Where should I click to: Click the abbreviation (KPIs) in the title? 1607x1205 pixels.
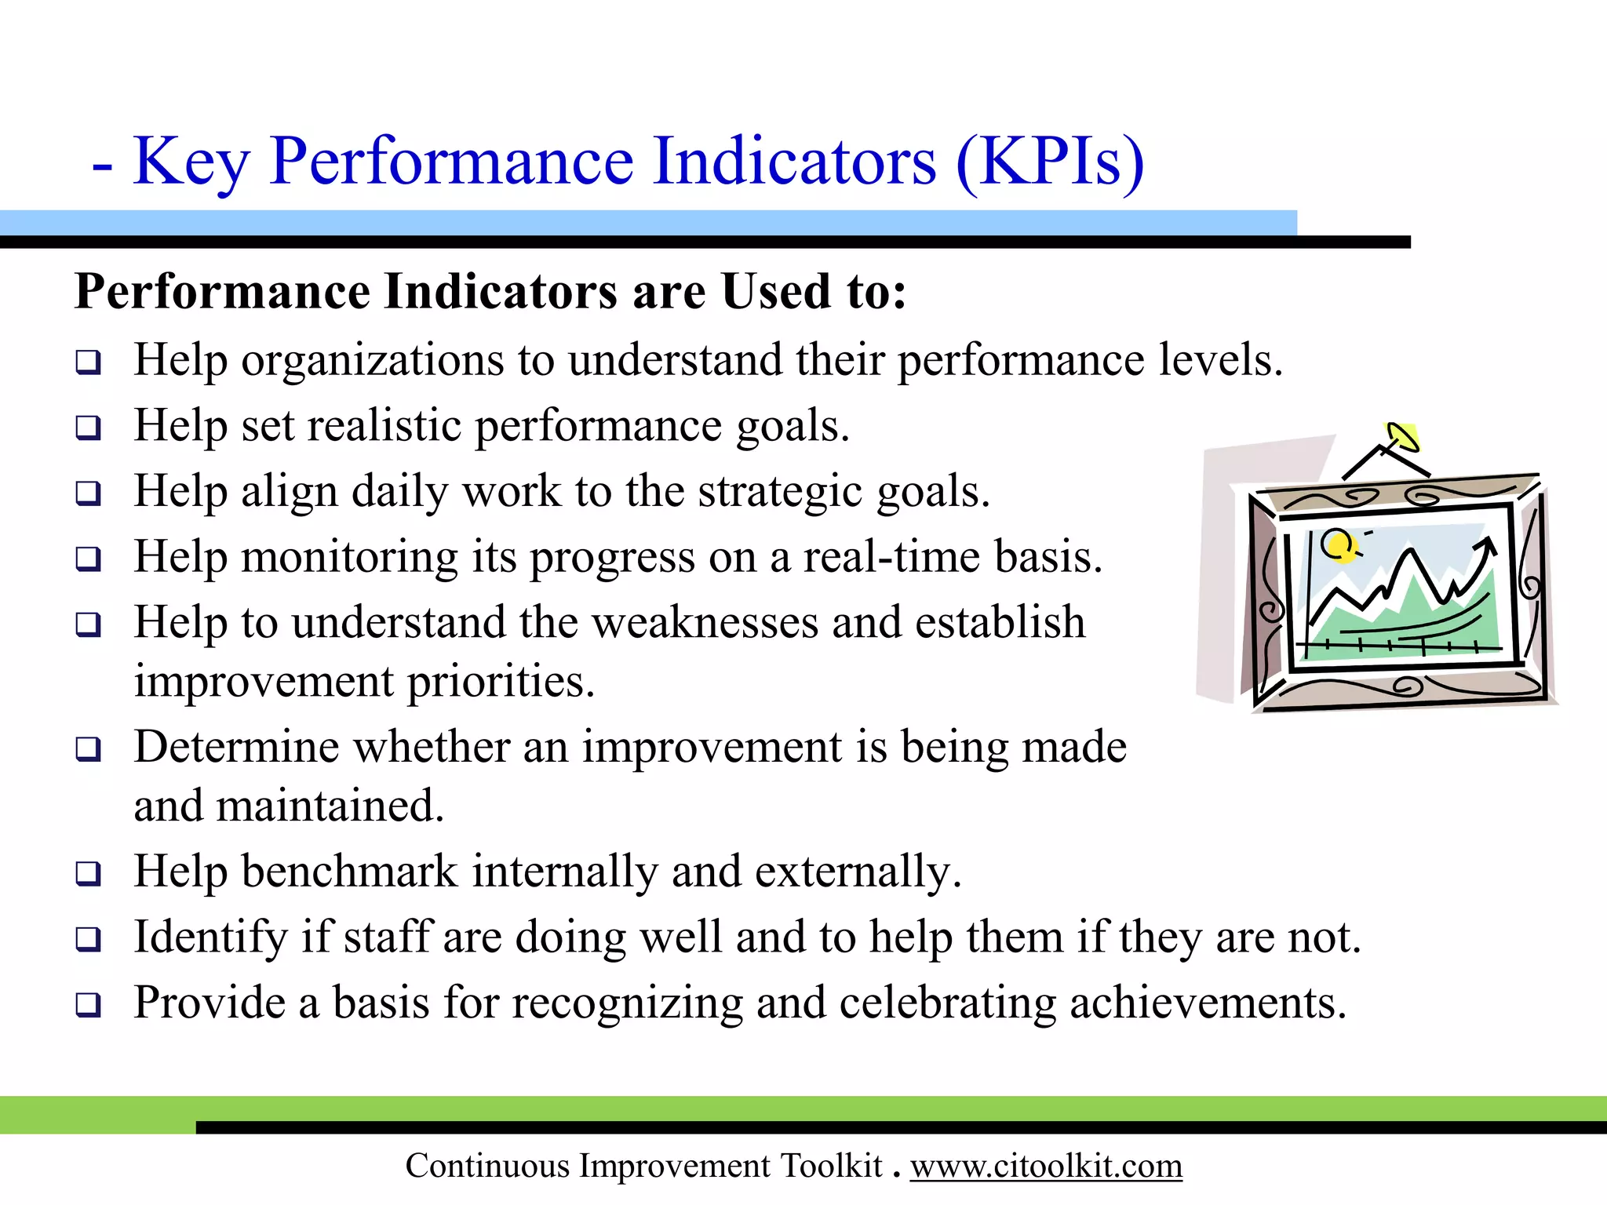(x=1049, y=162)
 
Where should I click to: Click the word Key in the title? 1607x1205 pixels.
(x=191, y=162)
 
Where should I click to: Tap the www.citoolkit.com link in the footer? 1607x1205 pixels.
(x=1045, y=1166)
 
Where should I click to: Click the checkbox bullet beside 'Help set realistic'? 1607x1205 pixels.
(x=88, y=428)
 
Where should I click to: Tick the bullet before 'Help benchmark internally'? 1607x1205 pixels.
(x=88, y=873)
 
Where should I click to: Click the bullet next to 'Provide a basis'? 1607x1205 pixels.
(x=88, y=1004)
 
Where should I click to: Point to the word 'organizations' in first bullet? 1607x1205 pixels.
(x=372, y=362)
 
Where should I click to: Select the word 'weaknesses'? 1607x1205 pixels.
(x=704, y=623)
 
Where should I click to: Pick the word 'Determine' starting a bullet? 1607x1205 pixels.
(x=236, y=746)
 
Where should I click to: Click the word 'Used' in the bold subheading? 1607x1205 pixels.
(x=775, y=292)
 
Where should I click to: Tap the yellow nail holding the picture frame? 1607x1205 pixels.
(x=1403, y=437)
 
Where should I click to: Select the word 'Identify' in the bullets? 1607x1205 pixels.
(x=211, y=937)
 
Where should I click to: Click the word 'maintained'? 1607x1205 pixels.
(x=330, y=806)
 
